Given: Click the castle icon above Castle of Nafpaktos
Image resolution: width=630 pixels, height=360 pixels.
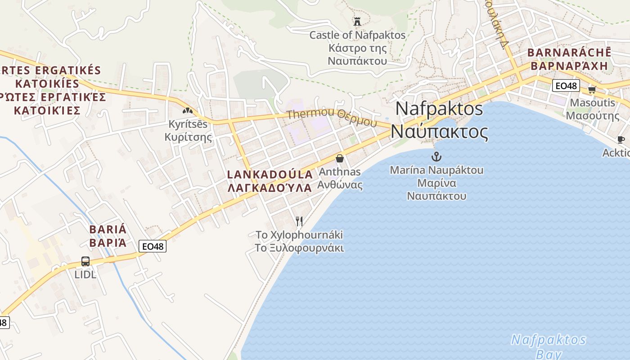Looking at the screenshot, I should pyautogui.click(x=357, y=21).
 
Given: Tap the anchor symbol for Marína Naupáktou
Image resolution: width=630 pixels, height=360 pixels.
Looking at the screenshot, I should pyautogui.click(x=436, y=157).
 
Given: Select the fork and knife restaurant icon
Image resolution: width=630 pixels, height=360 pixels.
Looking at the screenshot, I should pyautogui.click(x=299, y=221).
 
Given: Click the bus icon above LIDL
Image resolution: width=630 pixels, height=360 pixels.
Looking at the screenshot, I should pyautogui.click(x=85, y=261).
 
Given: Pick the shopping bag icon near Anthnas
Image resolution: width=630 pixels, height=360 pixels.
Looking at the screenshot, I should pyautogui.click(x=340, y=158).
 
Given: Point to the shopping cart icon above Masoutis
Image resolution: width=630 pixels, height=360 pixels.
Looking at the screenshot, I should pyautogui.click(x=592, y=90).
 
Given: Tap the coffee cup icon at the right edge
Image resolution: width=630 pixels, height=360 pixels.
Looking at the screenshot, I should pyautogui.click(x=621, y=139).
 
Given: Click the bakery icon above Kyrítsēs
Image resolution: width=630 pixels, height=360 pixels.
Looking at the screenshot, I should pyautogui.click(x=188, y=110).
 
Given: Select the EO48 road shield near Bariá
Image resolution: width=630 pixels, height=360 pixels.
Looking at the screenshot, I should pyautogui.click(x=153, y=246).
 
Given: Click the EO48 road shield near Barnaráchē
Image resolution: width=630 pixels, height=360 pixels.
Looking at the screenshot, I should pyautogui.click(x=566, y=85).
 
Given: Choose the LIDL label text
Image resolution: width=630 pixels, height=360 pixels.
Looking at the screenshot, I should pyautogui.click(x=85, y=274).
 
